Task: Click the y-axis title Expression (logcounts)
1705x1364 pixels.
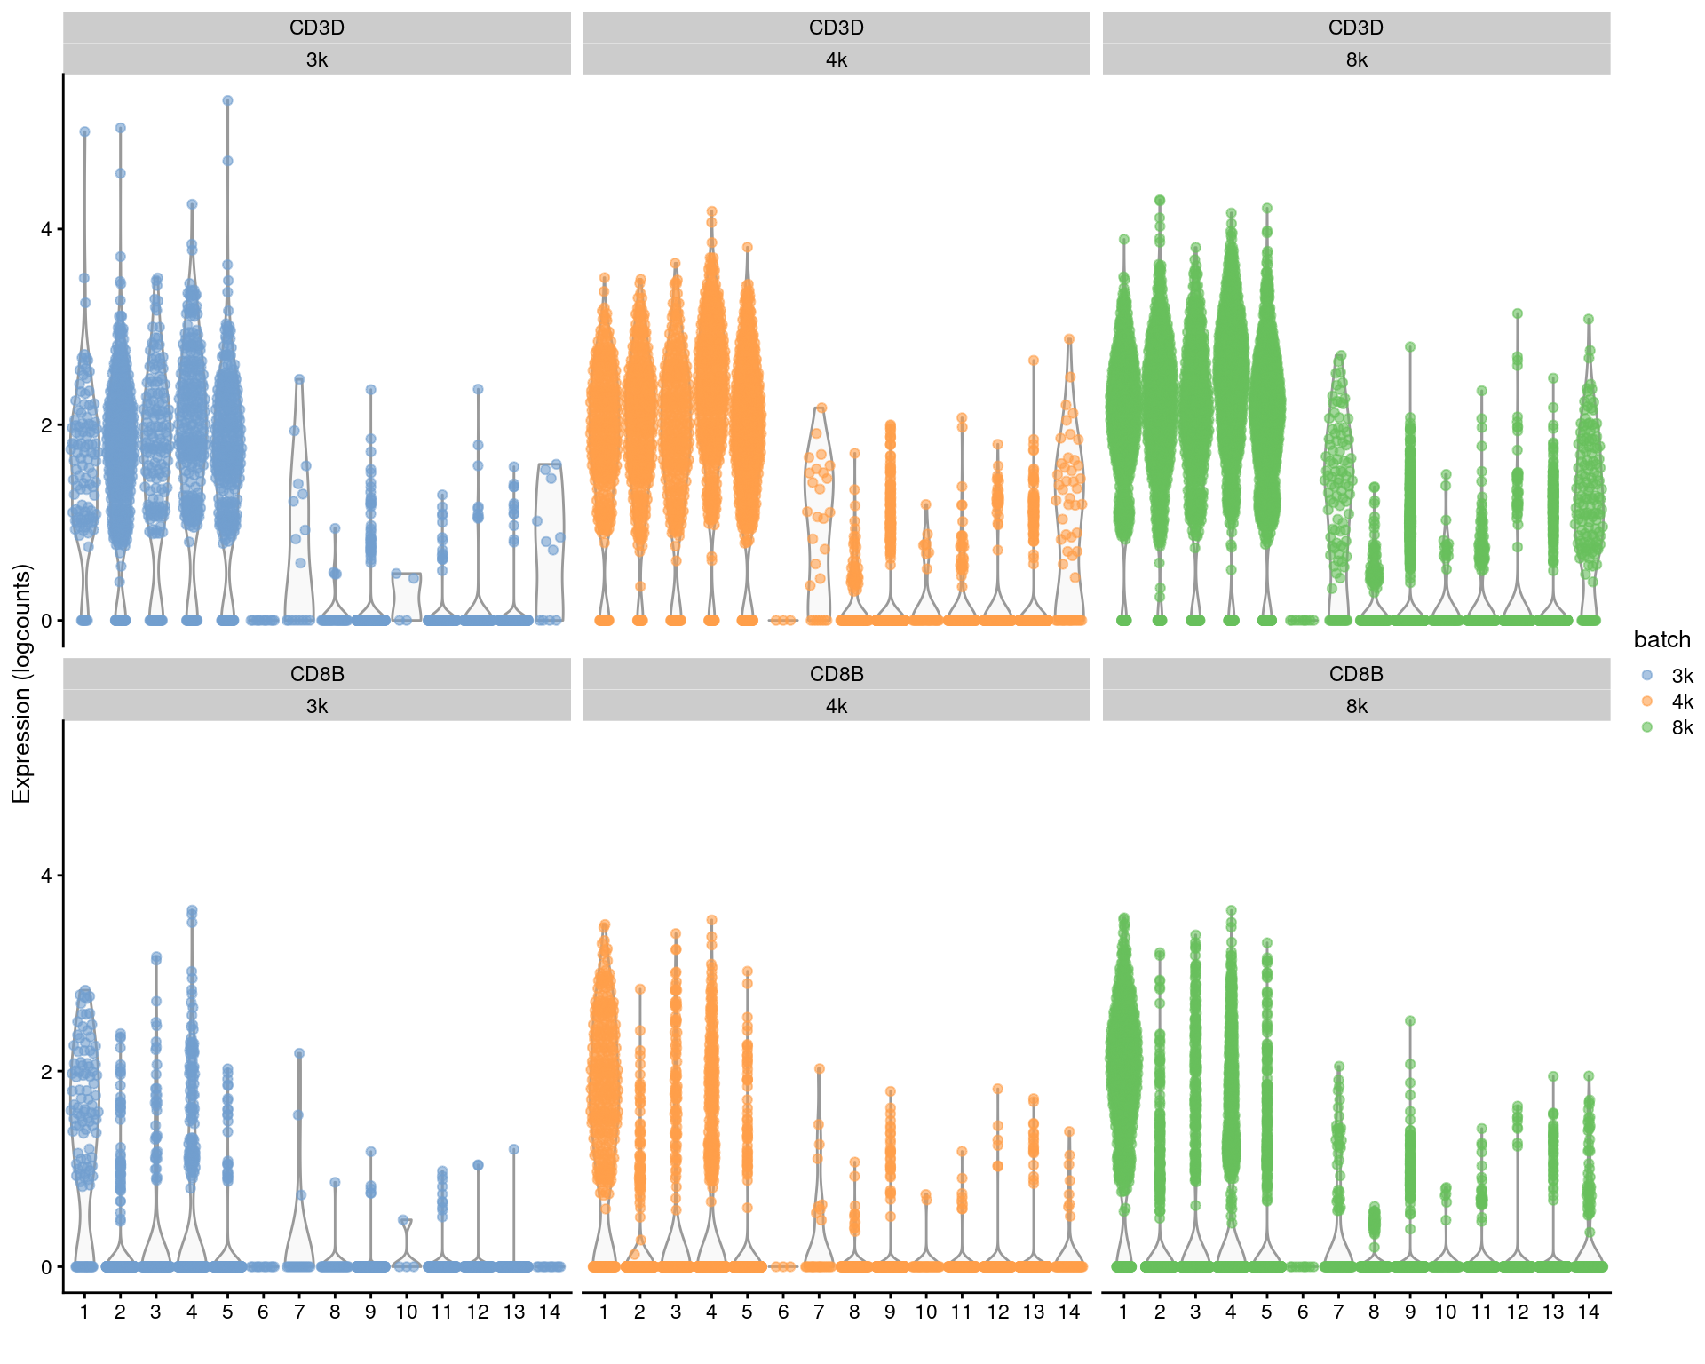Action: pos(21,684)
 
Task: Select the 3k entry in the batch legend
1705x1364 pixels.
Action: pos(1682,676)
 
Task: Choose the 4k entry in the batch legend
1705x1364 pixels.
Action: pos(1682,702)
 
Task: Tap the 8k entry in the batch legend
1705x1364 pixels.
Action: pos(1682,727)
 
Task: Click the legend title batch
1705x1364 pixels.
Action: pos(1661,639)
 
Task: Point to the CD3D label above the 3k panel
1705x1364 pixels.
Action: pos(317,28)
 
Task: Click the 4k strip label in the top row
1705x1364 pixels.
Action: pos(836,59)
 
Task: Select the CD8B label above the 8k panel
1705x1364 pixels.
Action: pos(1356,674)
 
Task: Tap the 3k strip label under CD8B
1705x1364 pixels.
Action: pos(317,706)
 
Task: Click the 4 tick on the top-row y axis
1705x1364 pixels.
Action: pos(46,229)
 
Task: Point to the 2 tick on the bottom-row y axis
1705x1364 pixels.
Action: pos(46,1071)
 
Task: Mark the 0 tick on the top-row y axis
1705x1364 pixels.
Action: pos(46,621)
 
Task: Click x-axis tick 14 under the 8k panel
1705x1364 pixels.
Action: pos(1589,1312)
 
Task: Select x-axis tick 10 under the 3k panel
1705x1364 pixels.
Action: pos(406,1312)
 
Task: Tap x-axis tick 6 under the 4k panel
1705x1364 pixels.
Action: pos(782,1312)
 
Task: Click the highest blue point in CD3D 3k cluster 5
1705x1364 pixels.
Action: pos(227,101)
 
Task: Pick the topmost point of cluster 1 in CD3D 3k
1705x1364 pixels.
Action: pos(84,131)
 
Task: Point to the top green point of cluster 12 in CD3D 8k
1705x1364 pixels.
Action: pos(1518,313)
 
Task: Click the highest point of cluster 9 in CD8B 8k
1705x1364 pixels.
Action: pos(1409,1021)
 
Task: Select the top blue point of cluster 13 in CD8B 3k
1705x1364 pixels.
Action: pos(513,1149)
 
